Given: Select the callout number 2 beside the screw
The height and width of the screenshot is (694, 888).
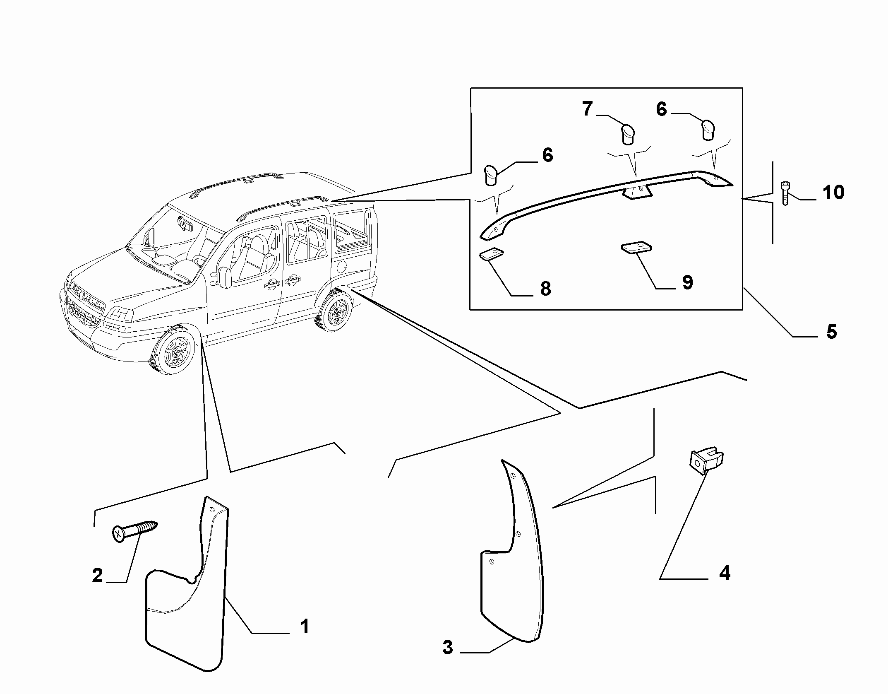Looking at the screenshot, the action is (97, 576).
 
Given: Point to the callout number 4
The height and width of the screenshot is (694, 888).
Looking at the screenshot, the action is (725, 574).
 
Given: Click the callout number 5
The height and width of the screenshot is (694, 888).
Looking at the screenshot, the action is (831, 332).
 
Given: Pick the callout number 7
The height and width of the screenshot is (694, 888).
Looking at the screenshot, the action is (588, 109).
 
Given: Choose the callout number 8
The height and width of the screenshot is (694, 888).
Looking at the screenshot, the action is (546, 289).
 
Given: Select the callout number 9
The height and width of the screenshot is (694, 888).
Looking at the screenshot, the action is (687, 282).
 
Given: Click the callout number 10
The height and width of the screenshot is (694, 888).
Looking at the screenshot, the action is (833, 193).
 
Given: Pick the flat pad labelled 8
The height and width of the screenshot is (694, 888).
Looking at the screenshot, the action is (491, 254).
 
